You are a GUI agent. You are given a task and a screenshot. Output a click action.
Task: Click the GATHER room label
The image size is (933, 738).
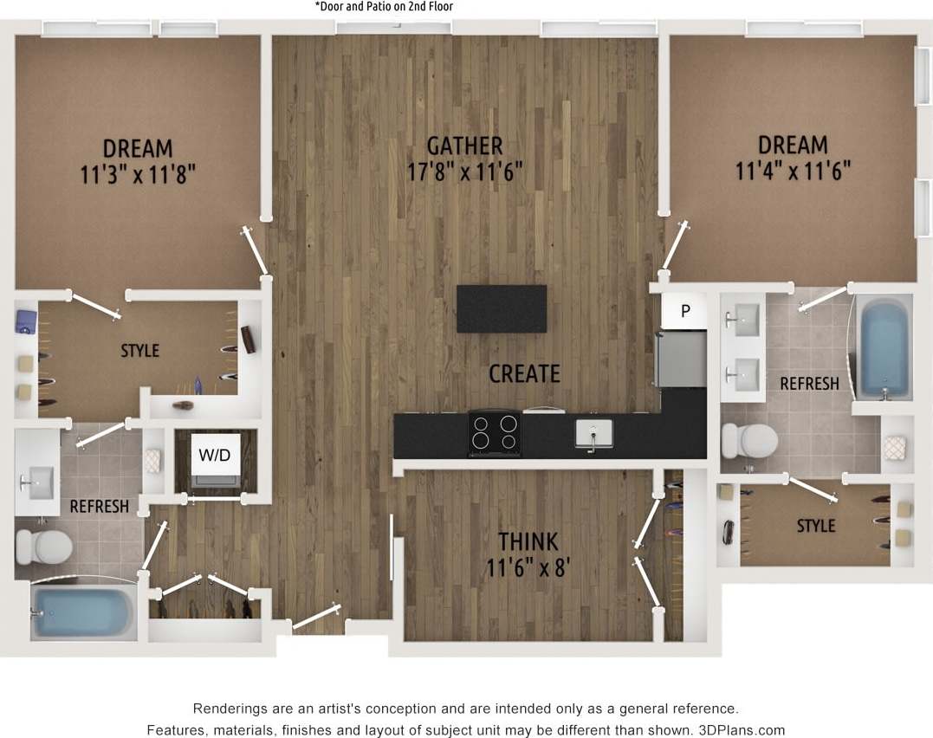(464, 145)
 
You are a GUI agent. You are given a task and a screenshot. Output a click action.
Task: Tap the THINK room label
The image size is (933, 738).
(528, 541)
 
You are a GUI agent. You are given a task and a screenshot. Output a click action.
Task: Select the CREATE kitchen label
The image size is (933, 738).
(524, 373)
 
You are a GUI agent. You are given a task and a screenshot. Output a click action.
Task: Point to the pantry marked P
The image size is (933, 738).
(684, 311)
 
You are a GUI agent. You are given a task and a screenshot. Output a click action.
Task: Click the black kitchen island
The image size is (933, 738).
(502, 308)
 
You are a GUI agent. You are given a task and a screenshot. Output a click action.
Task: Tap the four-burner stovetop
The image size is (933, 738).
(494, 432)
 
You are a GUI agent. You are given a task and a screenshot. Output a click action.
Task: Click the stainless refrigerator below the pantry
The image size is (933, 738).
(681, 358)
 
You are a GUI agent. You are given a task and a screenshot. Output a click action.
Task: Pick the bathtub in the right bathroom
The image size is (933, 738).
(884, 346)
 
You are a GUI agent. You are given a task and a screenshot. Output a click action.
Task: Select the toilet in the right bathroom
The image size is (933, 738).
(749, 440)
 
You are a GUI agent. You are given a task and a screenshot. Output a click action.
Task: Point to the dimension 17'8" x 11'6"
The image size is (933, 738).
(464, 172)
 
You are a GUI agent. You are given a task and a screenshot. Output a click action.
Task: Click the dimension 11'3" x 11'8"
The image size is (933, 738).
(137, 174)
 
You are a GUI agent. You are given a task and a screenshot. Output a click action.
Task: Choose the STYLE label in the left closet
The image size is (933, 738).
(139, 351)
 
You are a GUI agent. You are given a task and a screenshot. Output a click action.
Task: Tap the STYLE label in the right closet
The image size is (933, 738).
(815, 526)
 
